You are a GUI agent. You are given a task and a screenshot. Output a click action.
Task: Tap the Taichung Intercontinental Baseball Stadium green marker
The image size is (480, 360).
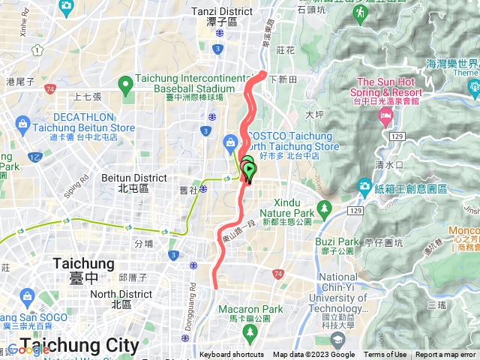pos(124,82)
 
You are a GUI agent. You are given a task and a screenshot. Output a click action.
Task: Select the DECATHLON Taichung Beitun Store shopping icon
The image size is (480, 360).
pos(21,123)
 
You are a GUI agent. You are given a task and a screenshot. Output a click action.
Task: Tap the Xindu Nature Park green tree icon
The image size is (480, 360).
pos(325,208)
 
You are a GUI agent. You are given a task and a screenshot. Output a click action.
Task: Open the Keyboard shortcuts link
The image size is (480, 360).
pos(231,355)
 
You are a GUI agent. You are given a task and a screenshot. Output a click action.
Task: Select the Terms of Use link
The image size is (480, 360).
pos(385,355)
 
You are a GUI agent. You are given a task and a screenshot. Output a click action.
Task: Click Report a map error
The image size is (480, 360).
pos(445,355)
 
